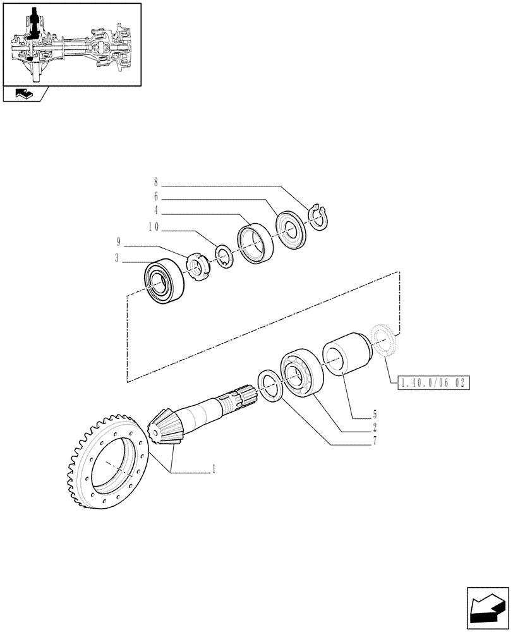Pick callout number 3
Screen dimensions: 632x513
coord(118,257)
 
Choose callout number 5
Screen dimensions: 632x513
coord(375,415)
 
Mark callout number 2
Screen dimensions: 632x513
coord(375,428)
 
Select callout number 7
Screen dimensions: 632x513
coord(375,441)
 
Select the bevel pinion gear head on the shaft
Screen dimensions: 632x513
coord(166,427)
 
